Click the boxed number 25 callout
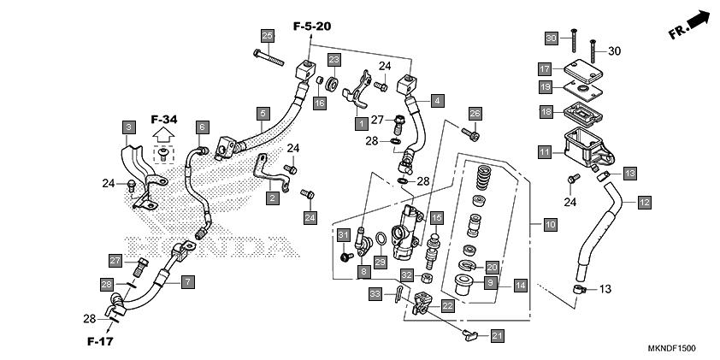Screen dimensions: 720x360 pos(268,36)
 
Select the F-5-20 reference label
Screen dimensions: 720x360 pos(312,27)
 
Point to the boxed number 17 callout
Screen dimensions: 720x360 pos(545,70)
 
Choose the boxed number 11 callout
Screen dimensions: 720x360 pos(545,151)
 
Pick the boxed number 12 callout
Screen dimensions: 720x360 pos(644,202)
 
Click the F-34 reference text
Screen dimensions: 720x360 pos(164,120)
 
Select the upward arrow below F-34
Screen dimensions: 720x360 pos(163,134)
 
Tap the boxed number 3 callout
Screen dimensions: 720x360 pos(128,127)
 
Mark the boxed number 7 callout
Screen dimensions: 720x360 pos(187,281)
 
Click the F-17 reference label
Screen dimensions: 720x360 pos(100,341)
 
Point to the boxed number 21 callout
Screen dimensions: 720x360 pos(497,336)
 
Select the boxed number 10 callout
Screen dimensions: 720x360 pos(550,225)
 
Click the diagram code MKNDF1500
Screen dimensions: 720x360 pos(671,349)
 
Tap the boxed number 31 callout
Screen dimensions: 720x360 pos(344,235)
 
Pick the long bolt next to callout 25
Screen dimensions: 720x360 pos(269,58)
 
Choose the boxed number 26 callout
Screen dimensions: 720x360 pos(475,114)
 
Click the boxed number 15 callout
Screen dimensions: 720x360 pos(437,219)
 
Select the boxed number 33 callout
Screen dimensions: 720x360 pos(375,294)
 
